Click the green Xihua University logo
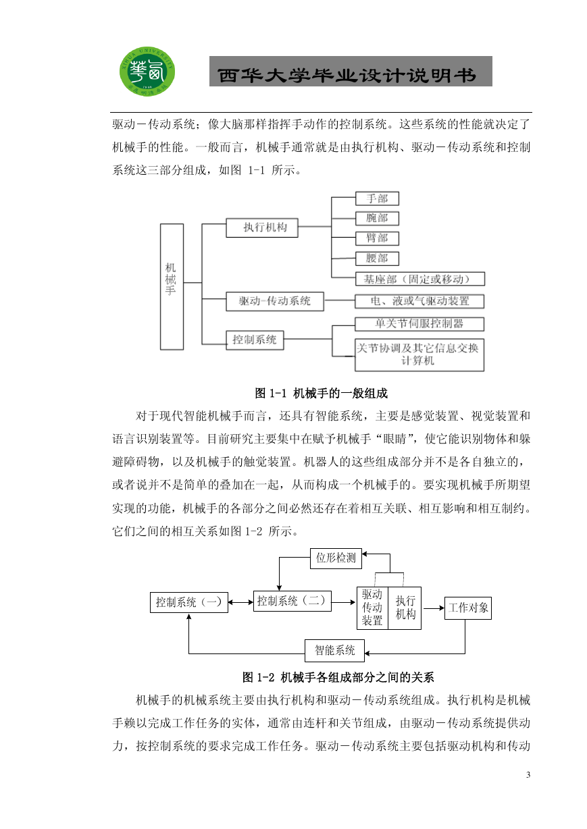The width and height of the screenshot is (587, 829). [147, 72]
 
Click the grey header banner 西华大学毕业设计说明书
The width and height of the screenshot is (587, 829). [351, 72]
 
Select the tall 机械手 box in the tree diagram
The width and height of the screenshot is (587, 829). [172, 287]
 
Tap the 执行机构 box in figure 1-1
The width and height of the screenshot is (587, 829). [262, 228]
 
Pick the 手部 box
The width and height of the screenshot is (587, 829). [377, 198]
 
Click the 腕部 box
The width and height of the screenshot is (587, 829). [377, 218]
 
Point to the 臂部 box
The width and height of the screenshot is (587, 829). [377, 238]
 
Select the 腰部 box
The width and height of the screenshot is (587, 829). [377, 259]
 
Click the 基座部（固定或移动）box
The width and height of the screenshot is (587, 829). [420, 279]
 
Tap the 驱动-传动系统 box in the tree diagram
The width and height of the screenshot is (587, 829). [275, 301]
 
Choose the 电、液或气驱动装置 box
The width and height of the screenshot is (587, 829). [419, 302]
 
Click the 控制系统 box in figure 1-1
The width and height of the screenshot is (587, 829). [255, 340]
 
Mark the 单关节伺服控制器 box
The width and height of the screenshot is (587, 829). [419, 324]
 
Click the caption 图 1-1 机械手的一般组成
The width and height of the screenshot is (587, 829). [321, 393]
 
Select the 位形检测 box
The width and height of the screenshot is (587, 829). [336, 558]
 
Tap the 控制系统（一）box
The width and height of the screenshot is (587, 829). [189, 602]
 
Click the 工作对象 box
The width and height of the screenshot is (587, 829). [468, 608]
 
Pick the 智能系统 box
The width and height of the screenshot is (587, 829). [335, 651]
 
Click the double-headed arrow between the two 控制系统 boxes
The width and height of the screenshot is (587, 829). [240, 602]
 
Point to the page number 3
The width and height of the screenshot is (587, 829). [528, 774]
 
